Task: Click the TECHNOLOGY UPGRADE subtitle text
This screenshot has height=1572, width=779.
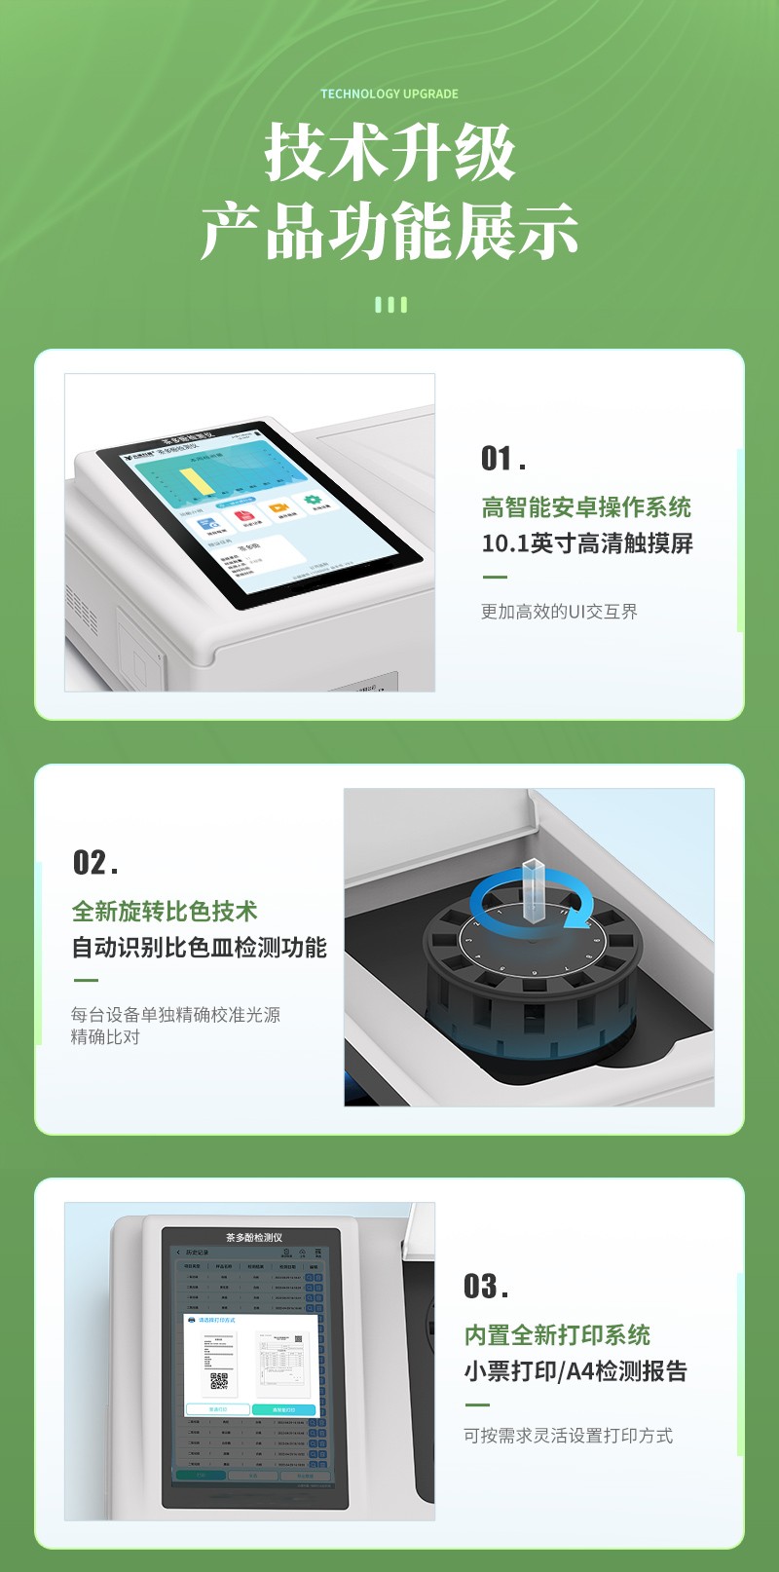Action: point(389,94)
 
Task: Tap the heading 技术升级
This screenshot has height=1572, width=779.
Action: point(389,153)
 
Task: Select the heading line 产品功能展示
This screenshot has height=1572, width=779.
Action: point(389,232)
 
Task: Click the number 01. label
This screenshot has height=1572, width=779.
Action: point(503,458)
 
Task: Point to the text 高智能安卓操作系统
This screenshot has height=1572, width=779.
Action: point(586,506)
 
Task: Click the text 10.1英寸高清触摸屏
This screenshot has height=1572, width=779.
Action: point(587,543)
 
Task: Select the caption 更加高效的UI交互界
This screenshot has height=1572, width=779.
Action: point(559,611)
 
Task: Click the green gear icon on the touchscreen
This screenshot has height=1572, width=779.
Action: point(312,501)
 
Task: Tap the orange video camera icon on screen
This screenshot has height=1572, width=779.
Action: point(278,508)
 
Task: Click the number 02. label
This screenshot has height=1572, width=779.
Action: point(95,862)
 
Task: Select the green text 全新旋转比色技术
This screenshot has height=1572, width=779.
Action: point(164,911)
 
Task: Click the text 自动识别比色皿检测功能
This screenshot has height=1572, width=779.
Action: point(199,947)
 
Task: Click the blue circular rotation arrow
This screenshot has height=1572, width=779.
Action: point(584,911)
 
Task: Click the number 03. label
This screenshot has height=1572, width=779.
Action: point(486,1286)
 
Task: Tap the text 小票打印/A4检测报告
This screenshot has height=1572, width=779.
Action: point(575,1370)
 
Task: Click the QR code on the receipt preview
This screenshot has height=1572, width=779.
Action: point(219,1381)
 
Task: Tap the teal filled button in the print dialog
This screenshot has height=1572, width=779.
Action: point(283,1409)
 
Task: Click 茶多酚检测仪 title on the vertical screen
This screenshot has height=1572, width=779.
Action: point(254,1237)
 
